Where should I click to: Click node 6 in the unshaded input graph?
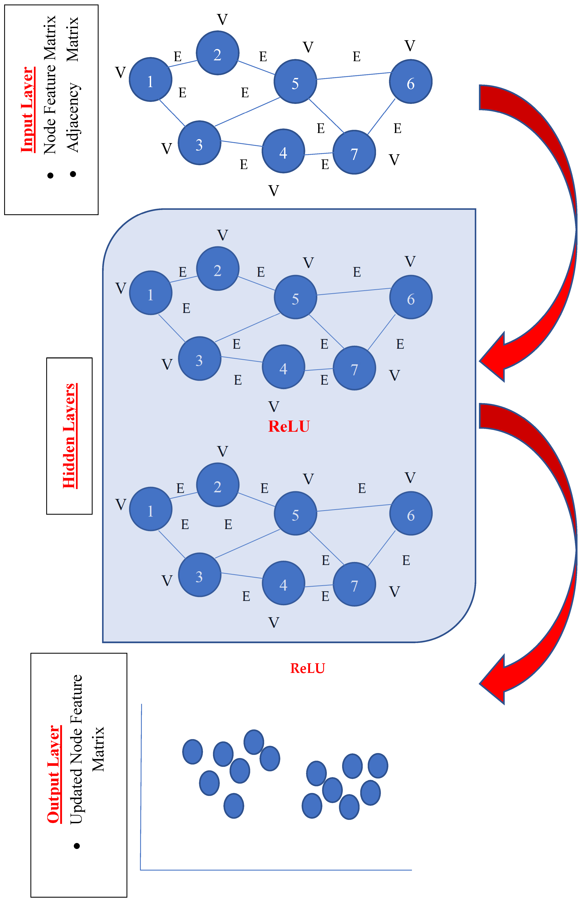coord(410,81)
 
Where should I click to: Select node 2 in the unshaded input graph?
coord(217,53)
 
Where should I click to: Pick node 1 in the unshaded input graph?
coord(151,80)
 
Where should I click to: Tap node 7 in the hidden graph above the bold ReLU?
coord(354,368)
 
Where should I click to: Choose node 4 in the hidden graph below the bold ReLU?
coord(283,583)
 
